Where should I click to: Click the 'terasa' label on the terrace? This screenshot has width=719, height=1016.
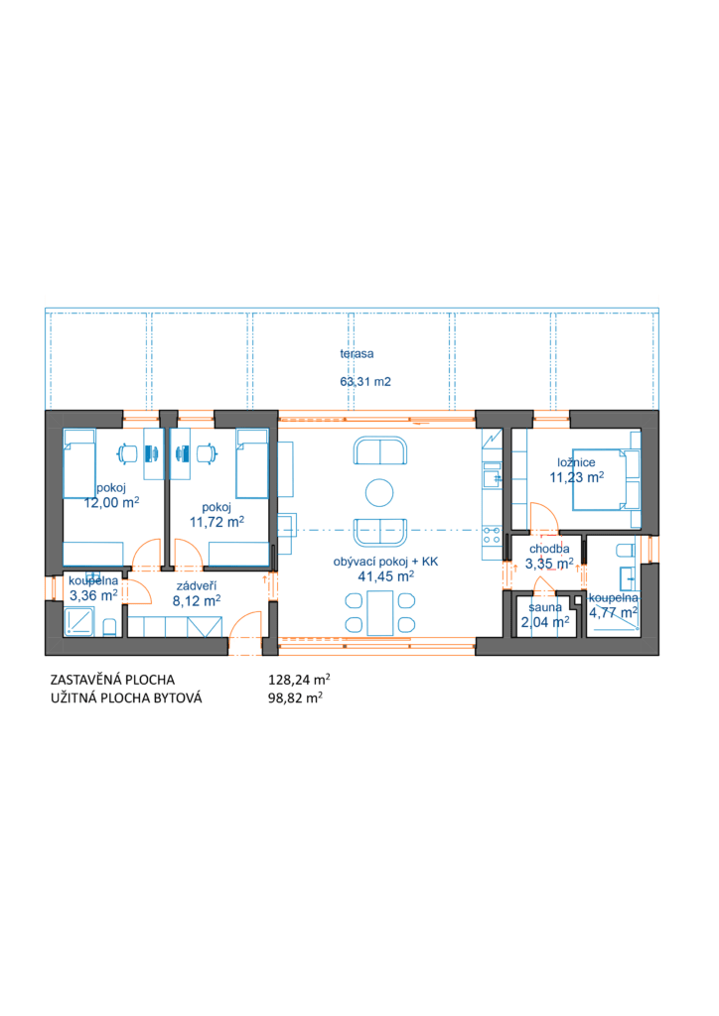[x=357, y=354]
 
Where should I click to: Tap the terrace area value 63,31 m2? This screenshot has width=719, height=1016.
[x=365, y=382]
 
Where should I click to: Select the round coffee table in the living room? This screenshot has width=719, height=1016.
[x=379, y=492]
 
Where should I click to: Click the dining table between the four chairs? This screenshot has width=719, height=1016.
[x=380, y=612]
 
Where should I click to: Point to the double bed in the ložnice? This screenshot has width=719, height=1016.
[x=606, y=479]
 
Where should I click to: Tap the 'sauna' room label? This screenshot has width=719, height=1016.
[x=545, y=608]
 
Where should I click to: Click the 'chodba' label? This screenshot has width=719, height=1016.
[x=549, y=549]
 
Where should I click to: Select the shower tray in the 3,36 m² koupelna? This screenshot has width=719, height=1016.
[x=79, y=621]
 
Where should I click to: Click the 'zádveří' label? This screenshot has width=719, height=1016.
[x=197, y=585]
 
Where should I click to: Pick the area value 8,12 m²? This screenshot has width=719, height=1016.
[x=197, y=600]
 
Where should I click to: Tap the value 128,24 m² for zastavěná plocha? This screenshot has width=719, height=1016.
[x=299, y=680]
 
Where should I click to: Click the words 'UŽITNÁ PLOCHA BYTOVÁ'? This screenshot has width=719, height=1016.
[x=126, y=698]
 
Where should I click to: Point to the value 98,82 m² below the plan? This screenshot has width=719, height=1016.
[x=295, y=698]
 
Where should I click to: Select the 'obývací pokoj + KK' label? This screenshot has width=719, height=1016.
[x=385, y=562]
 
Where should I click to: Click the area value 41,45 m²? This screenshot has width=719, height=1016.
[x=385, y=576]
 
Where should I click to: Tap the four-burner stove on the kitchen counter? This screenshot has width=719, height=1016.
[x=492, y=535]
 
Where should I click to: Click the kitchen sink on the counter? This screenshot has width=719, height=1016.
[x=492, y=478]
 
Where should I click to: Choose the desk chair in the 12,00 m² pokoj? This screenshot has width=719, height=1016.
[x=127, y=453]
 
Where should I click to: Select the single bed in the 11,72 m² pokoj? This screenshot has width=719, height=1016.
[x=251, y=462]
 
